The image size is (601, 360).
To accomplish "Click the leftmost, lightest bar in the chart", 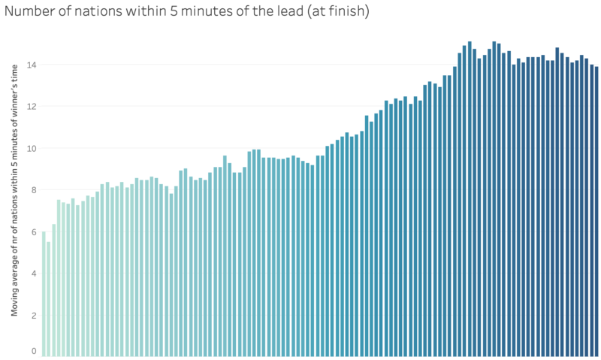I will point(44,294).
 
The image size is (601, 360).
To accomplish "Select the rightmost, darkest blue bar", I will point(596,211).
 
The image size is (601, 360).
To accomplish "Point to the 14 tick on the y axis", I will point(32,65).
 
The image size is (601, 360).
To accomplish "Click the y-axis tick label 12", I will point(32,106).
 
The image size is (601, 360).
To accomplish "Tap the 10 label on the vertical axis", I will point(32,148).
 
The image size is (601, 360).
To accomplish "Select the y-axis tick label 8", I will point(34,190).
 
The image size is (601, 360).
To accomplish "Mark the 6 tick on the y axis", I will point(34,232).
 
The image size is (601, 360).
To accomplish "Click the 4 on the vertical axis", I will point(34,274).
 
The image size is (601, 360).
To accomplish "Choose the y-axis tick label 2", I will point(34,316).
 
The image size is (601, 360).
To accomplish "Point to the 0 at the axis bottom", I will point(34,351).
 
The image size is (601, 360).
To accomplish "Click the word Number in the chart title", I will point(31,13).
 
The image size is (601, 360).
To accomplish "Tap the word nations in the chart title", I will point(98,13).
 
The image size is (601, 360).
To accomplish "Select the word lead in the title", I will point(268,13).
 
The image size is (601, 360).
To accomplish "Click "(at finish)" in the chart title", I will point(328,13).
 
